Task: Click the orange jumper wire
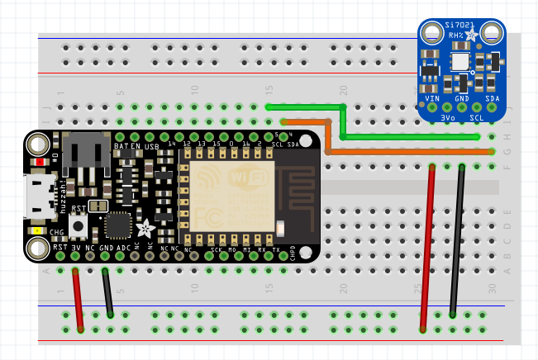point(413,152)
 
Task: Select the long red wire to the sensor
point(427,248)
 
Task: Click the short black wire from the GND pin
point(107,292)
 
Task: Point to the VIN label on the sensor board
point(431,98)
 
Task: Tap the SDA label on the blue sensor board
point(492,98)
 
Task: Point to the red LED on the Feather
point(41,162)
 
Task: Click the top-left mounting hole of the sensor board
point(430,35)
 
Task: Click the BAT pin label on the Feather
point(121,146)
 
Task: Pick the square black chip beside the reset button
point(118,225)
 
